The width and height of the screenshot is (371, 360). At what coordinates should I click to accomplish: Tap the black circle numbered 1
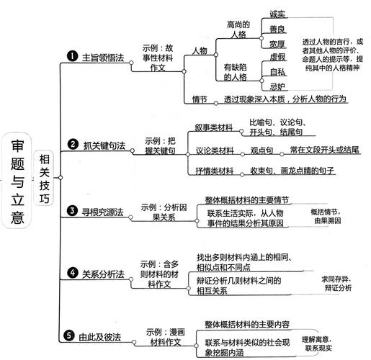coord(72,55)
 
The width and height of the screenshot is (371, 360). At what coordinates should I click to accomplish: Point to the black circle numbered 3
coord(72,210)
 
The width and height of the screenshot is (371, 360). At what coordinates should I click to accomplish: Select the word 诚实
coord(278,14)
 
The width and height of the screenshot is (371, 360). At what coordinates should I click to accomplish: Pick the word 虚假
coord(278,57)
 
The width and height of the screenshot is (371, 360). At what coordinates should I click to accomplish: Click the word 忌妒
coord(278,86)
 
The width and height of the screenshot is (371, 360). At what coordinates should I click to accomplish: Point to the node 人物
coord(200,50)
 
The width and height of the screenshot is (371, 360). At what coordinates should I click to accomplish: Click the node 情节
coord(200,98)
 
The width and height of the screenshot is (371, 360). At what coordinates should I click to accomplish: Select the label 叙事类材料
coord(215,127)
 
